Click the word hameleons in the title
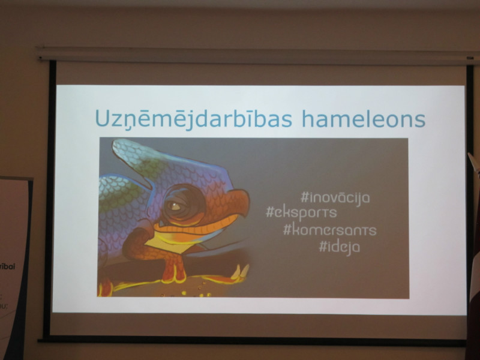click(364, 119)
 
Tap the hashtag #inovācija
click(335, 198)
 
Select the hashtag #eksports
click(302, 213)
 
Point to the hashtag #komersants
click(329, 230)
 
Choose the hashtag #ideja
click(340, 247)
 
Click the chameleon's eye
click(174, 206)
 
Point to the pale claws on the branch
click(241, 272)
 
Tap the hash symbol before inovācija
click(304, 197)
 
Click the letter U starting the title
click(103, 118)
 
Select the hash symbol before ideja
click(323, 246)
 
